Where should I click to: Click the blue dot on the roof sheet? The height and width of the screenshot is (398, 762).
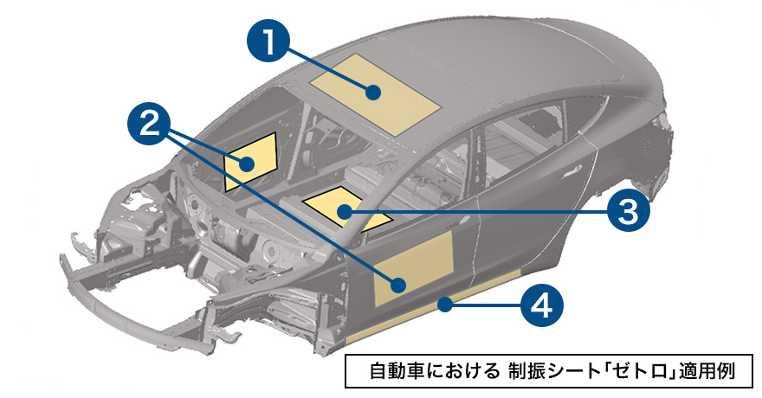375,92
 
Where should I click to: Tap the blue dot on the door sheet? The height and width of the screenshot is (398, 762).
399,285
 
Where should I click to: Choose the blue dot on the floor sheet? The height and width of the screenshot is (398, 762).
345,210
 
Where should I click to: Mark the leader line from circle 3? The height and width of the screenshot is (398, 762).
485,209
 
